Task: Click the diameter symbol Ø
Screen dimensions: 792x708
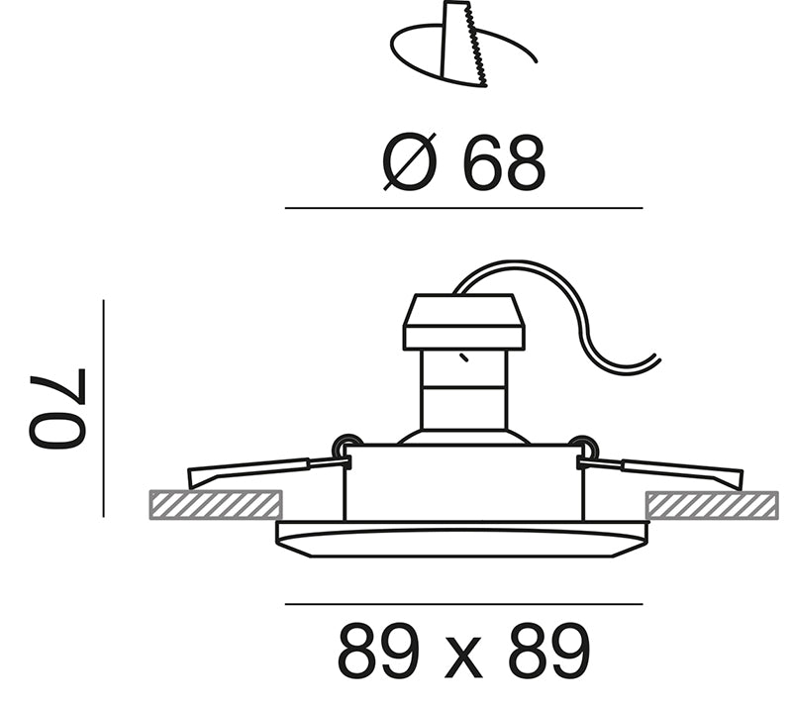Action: [x=409, y=162]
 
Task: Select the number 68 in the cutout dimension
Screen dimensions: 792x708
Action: [x=504, y=163]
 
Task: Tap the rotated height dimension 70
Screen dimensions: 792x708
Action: [x=57, y=408]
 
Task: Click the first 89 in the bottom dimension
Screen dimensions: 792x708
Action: [x=378, y=652]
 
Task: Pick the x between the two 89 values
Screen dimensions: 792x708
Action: [x=463, y=658]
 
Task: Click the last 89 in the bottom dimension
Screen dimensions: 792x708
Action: [x=549, y=652]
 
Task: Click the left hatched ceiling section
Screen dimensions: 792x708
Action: [x=216, y=504]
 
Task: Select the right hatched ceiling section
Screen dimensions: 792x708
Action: [x=712, y=504]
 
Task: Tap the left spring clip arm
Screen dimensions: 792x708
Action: [x=267, y=471]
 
